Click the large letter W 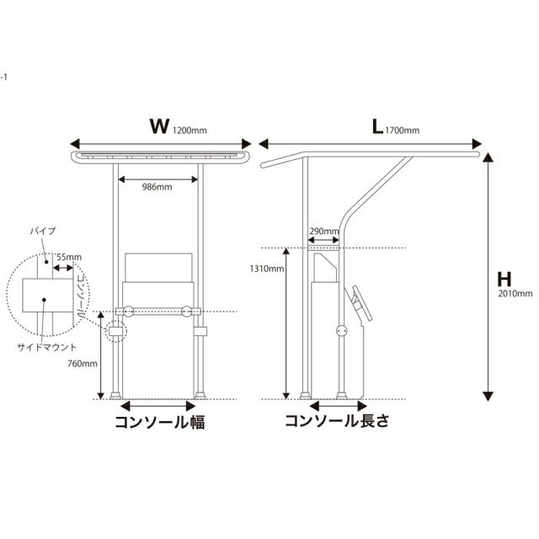pos(159,125)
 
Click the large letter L pos(377,126)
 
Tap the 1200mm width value pos(189,131)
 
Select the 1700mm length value pos(403,131)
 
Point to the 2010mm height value pos(515,294)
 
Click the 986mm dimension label pos(157,187)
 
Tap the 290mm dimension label pos(323,231)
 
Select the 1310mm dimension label pos(267,269)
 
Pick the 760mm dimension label pos(83,363)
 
